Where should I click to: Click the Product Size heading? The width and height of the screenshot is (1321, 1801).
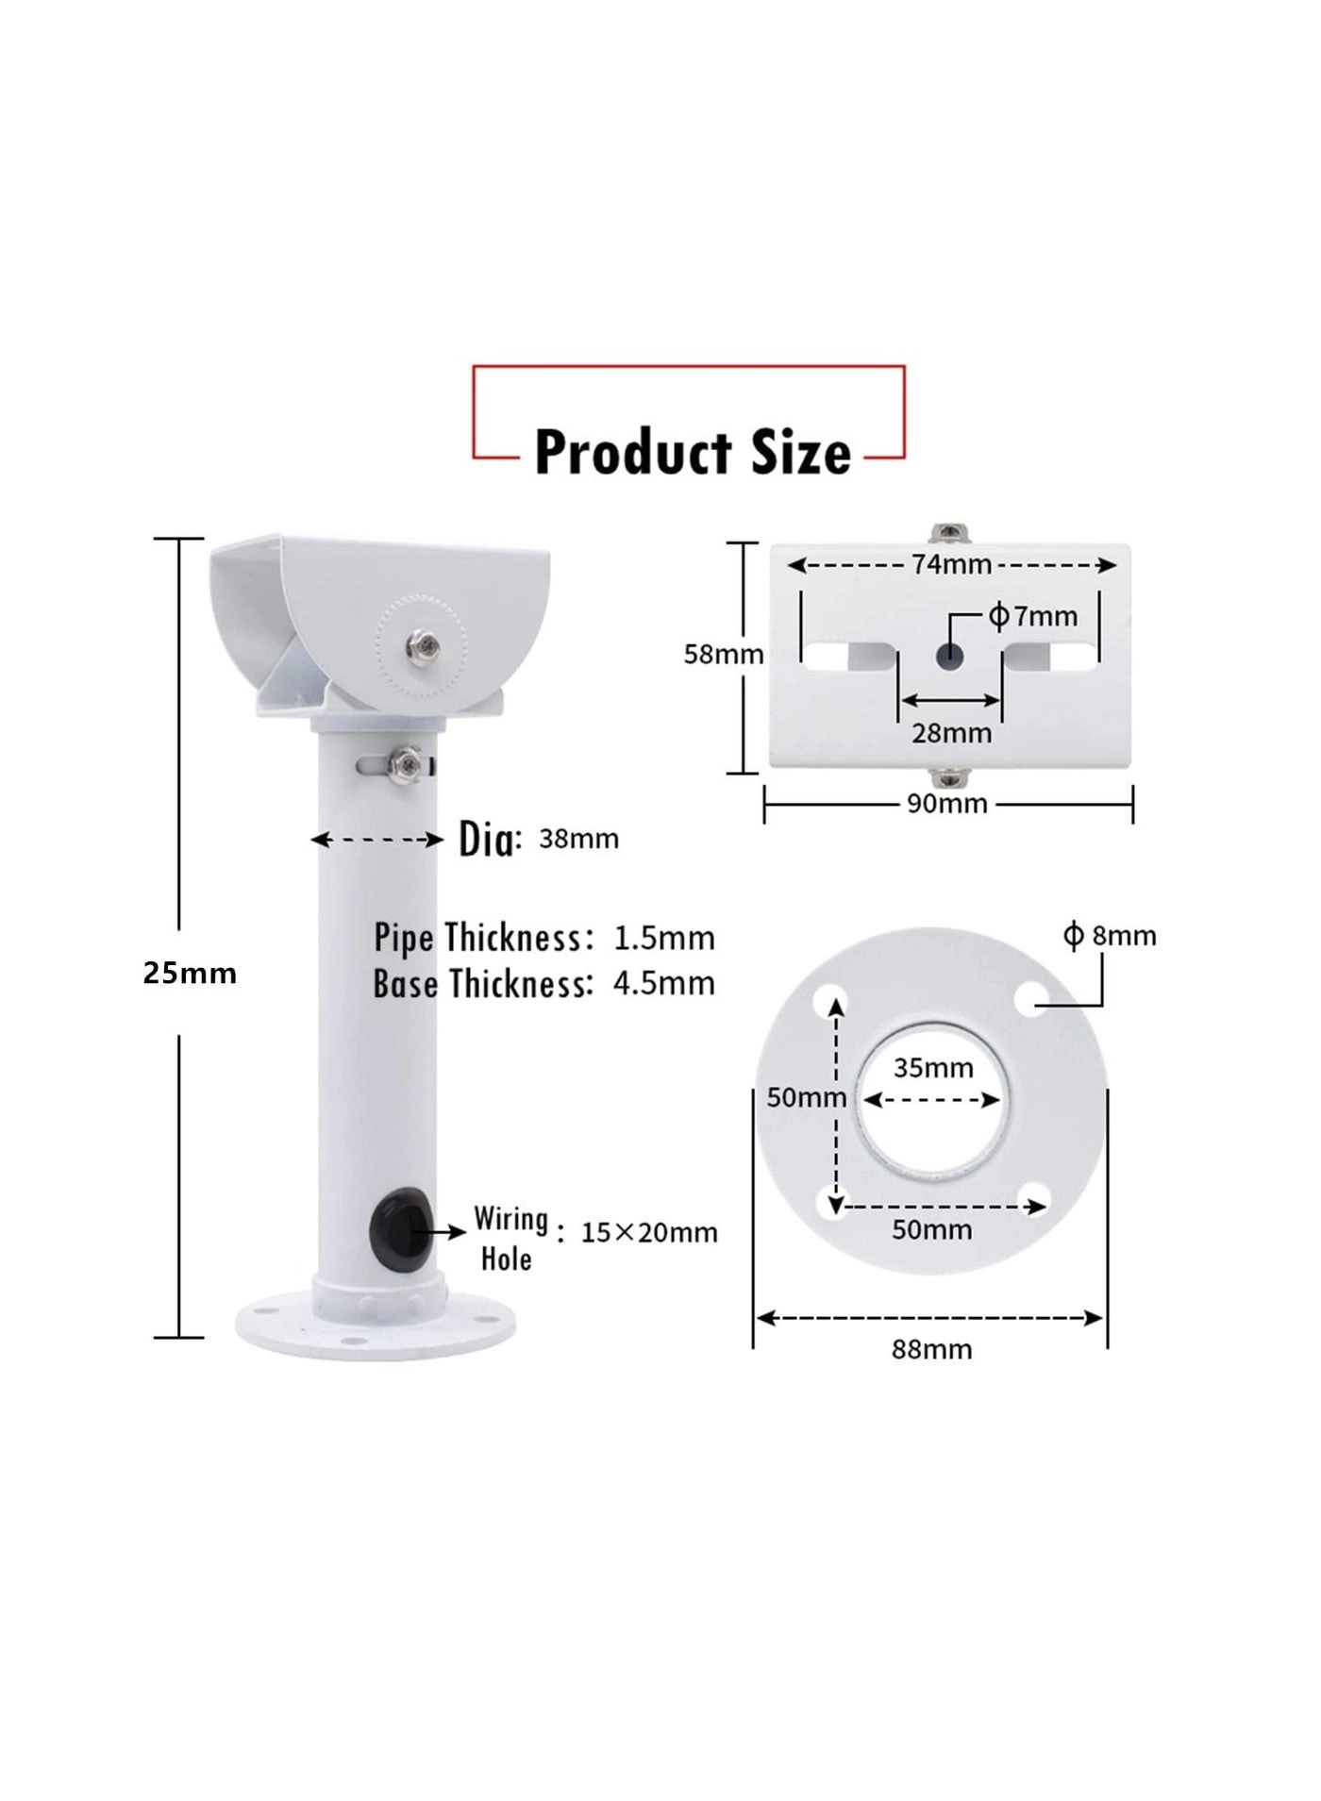click(692, 453)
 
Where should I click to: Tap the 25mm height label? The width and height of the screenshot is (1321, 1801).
click(190, 974)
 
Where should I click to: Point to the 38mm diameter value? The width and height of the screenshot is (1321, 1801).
click(578, 839)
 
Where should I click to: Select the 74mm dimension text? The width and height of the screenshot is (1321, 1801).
click(951, 564)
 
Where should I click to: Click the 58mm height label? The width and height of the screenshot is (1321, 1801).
click(723, 654)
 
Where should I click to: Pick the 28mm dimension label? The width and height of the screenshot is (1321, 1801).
click(951, 733)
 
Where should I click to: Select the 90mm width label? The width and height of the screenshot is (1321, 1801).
click(947, 804)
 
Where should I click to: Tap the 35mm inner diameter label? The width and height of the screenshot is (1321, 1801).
click(933, 1068)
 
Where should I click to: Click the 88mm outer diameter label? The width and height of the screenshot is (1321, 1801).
click(931, 1349)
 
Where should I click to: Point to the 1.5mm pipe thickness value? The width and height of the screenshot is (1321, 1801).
click(664, 939)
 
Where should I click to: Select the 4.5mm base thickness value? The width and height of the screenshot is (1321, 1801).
click(664, 984)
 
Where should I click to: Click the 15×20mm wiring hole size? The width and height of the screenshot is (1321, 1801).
click(649, 1233)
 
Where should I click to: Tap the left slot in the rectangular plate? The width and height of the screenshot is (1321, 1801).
click(846, 656)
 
